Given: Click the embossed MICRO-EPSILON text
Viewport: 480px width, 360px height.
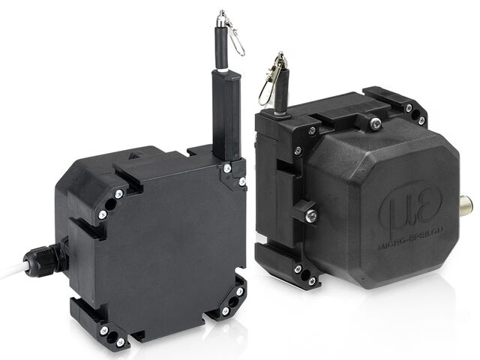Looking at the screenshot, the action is tap(411, 238).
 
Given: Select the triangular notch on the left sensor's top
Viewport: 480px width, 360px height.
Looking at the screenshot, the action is tap(133, 155).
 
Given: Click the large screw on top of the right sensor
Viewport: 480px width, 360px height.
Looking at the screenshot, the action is tap(376, 123).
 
